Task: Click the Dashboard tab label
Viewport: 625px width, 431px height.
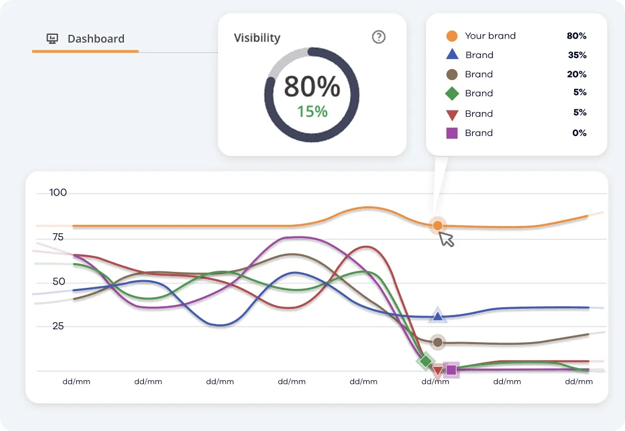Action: [x=96, y=39]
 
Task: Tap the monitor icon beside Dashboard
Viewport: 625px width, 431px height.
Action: [x=53, y=39]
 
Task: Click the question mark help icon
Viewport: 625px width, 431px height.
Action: [x=378, y=37]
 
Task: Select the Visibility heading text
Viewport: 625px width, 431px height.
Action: [x=257, y=38]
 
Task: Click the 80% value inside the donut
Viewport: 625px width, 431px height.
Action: [x=312, y=87]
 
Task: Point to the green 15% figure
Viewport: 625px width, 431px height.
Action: [x=312, y=112]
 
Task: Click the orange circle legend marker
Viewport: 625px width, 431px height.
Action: [x=452, y=36]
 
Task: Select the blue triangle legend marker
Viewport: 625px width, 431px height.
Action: [x=452, y=55]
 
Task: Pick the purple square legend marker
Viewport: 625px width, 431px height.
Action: [x=452, y=133]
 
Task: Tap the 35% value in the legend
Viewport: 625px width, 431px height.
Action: [x=576, y=55]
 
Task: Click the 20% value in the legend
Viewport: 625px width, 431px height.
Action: [x=576, y=75]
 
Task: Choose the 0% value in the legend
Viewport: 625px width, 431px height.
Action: [x=579, y=133]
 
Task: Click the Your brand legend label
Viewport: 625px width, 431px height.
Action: [x=490, y=36]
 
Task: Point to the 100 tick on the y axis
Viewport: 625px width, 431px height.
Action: [x=58, y=193]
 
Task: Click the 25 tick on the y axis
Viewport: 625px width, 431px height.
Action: [x=58, y=326]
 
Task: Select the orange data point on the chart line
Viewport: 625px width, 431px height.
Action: [x=437, y=225]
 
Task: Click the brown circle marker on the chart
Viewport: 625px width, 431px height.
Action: [x=438, y=342]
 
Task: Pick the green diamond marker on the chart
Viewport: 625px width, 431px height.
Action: [x=425, y=361]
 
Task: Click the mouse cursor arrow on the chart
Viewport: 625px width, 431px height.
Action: [x=446, y=239]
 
